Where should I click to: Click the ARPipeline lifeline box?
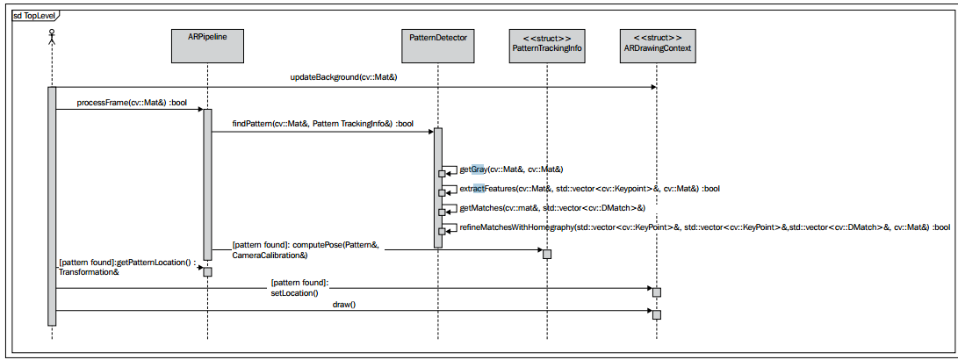coord(207,45)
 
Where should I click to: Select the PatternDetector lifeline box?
coord(437,45)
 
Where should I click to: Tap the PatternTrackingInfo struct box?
coord(547,45)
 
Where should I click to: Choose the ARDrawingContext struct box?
coord(656,45)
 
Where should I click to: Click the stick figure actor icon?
coord(52,37)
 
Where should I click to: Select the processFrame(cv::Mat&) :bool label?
coord(124,102)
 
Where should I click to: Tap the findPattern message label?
coord(322,124)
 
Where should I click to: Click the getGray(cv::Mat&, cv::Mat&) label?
coord(511,169)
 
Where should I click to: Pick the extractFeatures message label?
coord(589,188)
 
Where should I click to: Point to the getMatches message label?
coord(552,208)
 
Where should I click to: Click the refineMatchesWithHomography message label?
coord(704,227)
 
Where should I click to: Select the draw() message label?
coord(344,304)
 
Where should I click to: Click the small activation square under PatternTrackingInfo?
coord(547,255)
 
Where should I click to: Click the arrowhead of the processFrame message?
coord(200,110)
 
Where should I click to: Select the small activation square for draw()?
coord(657,314)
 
